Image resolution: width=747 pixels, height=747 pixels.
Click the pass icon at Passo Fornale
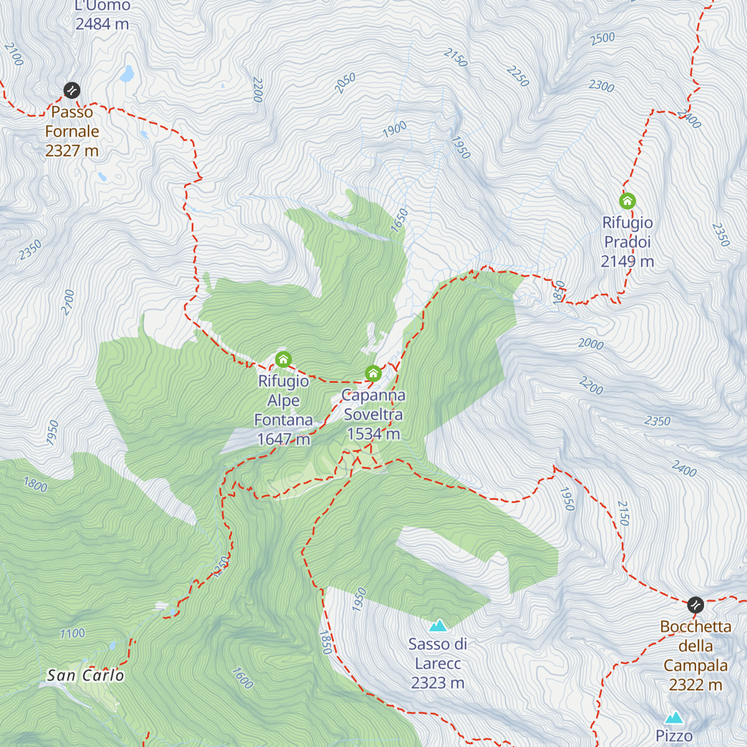tap(72, 90)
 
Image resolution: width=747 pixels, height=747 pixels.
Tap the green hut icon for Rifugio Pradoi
tap(627, 200)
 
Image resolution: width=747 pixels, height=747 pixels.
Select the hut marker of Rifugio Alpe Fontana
tap(283, 359)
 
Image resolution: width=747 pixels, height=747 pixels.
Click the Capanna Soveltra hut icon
tap(373, 374)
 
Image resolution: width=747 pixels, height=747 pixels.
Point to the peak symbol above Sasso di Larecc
tap(438, 625)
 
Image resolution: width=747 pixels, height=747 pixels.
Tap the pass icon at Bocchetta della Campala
tap(695, 604)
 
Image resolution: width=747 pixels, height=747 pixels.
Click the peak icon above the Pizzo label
tap(674, 718)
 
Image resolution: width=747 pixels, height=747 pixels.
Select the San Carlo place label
tap(85, 675)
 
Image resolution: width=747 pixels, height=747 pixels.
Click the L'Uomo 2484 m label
tap(102, 15)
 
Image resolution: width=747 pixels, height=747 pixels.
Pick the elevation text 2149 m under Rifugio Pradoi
tap(627, 261)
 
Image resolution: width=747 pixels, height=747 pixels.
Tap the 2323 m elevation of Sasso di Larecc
tap(438, 683)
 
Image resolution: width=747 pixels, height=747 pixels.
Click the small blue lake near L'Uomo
tap(128, 75)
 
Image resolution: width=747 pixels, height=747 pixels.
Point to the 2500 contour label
tap(602, 39)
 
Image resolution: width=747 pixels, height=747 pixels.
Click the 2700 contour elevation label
tap(68, 303)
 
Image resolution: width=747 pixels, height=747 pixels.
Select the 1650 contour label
tap(399, 221)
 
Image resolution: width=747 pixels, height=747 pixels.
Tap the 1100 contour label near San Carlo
tap(72, 634)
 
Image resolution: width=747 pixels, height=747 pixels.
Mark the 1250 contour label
tap(220, 566)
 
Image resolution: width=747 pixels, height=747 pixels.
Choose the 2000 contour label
tap(591, 344)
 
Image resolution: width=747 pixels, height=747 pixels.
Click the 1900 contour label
tap(395, 129)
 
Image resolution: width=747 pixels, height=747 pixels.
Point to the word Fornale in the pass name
tap(72, 131)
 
